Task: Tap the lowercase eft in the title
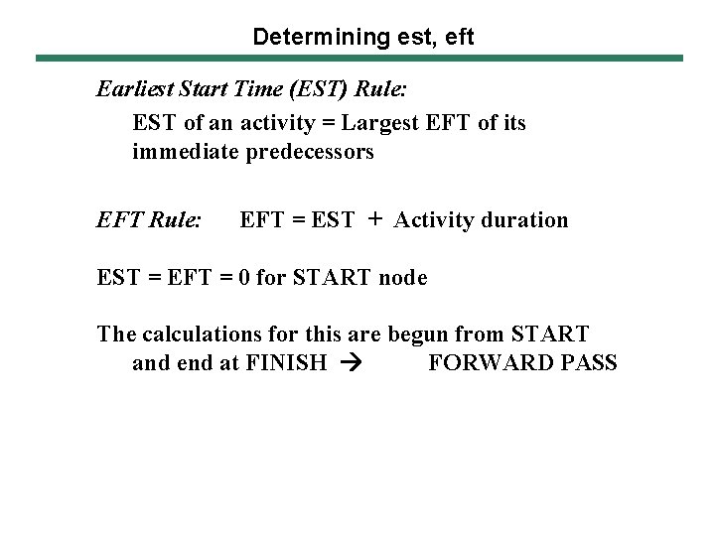coord(457,38)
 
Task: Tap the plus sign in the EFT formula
coord(373,219)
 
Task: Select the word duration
coord(524,220)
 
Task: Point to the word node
coord(403,278)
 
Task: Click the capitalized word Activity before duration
coord(434,220)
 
